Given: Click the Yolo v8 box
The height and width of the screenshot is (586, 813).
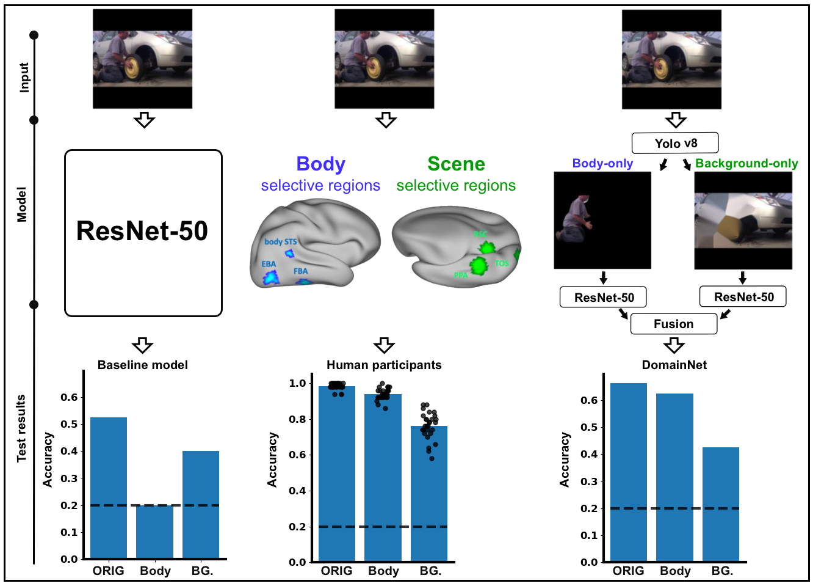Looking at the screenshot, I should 675,144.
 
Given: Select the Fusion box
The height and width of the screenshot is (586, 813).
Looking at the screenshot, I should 673,324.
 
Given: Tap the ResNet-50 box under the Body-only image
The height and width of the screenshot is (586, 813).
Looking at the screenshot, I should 603,298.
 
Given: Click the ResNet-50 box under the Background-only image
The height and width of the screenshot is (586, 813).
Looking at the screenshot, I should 743,297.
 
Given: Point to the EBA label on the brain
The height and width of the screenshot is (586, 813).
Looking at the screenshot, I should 269,264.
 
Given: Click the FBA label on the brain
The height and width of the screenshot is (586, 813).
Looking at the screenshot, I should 300,271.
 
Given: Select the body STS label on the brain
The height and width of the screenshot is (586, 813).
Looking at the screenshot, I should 280,242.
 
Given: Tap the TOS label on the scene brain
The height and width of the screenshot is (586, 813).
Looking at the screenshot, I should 501,263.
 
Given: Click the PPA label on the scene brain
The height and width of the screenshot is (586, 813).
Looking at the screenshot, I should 461,276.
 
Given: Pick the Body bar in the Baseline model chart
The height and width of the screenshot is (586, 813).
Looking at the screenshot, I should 154,531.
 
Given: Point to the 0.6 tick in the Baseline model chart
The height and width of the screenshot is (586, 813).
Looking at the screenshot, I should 69,397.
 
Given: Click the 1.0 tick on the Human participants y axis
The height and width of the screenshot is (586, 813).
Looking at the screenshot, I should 297,384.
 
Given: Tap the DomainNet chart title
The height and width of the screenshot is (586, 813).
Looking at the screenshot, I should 674,365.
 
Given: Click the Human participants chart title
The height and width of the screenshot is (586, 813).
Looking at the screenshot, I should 384,365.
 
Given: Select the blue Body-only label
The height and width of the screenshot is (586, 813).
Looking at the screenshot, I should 602,163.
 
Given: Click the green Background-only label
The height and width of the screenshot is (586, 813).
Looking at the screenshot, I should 746,163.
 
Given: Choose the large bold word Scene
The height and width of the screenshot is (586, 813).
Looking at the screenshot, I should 456,164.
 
